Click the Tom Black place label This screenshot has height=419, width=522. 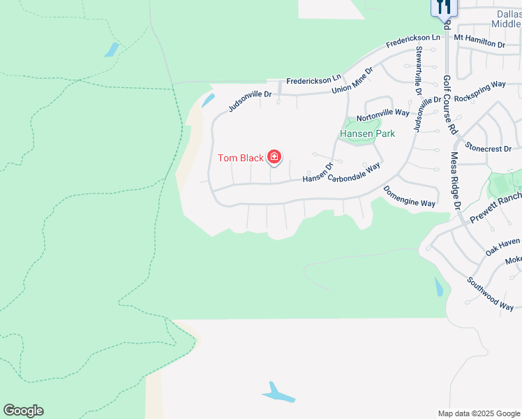tap(240, 158)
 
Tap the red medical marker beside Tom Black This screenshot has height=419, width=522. tap(274, 156)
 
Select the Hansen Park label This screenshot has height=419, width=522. tap(367, 133)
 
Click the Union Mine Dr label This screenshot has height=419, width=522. tap(352, 81)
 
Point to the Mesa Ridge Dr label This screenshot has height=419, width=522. tap(456, 181)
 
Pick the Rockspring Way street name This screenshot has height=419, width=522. tap(479, 91)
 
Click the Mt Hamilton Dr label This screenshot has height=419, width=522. tap(479, 40)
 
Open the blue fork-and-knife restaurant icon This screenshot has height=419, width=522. tap(443, 6)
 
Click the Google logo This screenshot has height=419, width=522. tap(23, 411)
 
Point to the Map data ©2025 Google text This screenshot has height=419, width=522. tap(479, 413)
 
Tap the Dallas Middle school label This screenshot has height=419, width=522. tap(505, 18)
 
